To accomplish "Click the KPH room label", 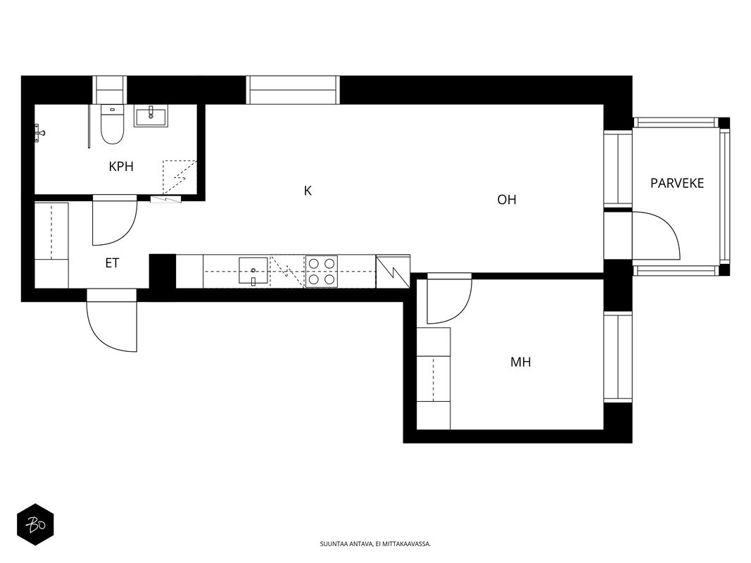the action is click(120, 167).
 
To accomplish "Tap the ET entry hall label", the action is click(112, 262).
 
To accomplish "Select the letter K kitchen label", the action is click(308, 191).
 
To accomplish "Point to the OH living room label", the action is click(507, 200).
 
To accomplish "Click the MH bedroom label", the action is click(521, 362).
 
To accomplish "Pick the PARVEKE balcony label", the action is click(677, 184).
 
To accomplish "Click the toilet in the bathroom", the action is click(113, 125).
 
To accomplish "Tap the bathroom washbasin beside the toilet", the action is click(151, 116).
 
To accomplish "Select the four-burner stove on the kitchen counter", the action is click(322, 272).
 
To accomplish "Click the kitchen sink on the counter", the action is click(253, 271).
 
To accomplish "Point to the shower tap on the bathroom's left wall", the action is click(39, 132).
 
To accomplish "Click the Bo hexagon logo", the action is click(35, 525).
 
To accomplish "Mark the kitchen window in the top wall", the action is click(293, 90).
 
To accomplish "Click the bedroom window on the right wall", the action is click(618, 357).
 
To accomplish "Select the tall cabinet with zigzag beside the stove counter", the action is click(393, 272).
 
